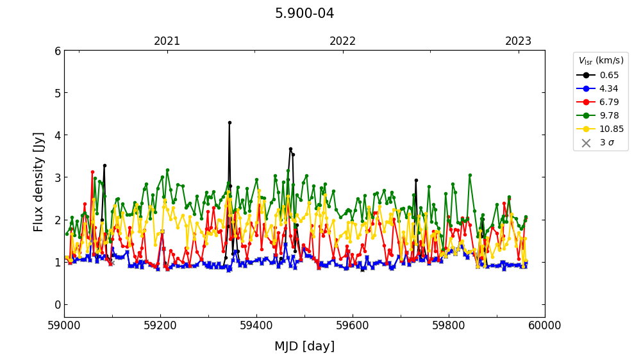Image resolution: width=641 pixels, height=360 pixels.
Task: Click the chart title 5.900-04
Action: (304, 13)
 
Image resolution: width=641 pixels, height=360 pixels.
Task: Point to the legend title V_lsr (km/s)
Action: (601, 61)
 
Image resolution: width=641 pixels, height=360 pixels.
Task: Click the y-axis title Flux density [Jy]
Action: (38, 182)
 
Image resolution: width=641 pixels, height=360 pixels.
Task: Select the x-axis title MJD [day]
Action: (304, 347)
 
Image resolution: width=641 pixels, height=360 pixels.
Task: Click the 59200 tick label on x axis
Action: (160, 325)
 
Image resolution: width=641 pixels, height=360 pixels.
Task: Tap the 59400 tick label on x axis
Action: (256, 325)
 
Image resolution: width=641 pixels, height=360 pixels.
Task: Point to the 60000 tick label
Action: (545, 325)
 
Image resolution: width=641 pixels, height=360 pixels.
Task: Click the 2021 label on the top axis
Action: (167, 42)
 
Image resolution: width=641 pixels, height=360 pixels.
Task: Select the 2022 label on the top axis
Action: (343, 42)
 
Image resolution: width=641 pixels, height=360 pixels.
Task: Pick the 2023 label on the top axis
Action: (519, 42)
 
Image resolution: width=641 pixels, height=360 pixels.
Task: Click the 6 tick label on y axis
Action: (57, 51)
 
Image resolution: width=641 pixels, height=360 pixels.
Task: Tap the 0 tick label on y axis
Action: (57, 304)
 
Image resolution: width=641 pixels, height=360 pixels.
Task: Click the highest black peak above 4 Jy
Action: (229, 122)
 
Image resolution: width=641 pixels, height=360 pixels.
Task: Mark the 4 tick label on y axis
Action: (57, 135)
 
